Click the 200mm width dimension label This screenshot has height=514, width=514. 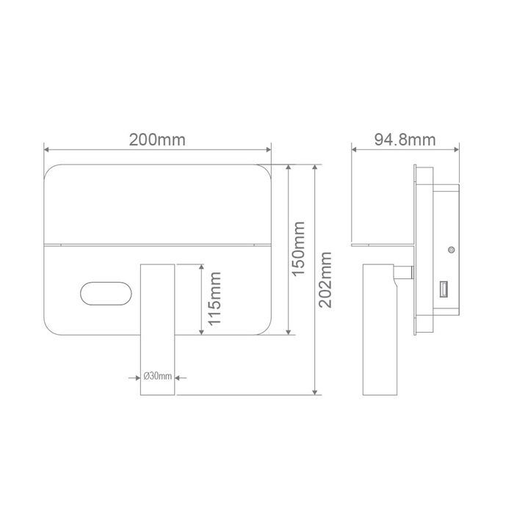(157, 140)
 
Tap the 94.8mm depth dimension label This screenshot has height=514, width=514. (405, 140)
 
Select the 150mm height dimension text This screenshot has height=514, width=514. (298, 249)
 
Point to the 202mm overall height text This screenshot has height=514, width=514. (325, 280)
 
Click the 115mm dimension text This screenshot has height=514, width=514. (214, 299)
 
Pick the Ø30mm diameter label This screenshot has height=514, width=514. (158, 376)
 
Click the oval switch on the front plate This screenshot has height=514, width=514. (106, 294)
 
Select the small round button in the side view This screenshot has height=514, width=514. (452, 250)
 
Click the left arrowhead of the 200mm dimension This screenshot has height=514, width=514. (46, 150)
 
